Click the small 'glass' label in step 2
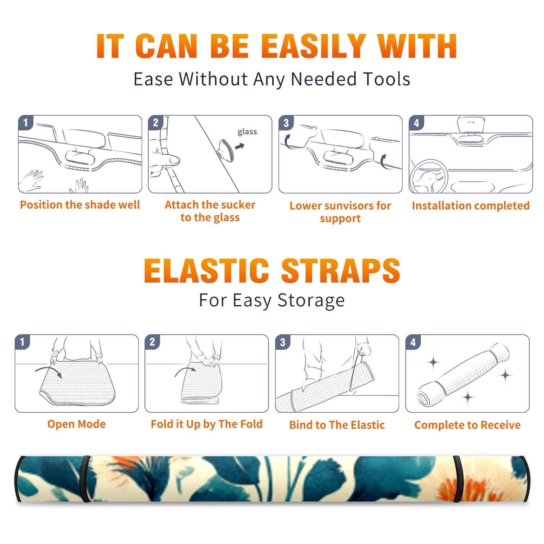[247, 132]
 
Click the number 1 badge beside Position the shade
[26, 122]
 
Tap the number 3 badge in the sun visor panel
[286, 123]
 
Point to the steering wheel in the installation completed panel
[429, 176]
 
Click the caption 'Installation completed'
[471, 206]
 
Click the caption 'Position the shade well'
[80, 205]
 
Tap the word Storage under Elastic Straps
[311, 301]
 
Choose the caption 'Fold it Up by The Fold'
[207, 424]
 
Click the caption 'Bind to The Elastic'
[337, 425]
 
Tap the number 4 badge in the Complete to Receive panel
[413, 342]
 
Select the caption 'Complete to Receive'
[468, 425]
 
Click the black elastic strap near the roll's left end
[85, 479]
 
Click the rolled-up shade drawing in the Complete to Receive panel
[464, 375]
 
